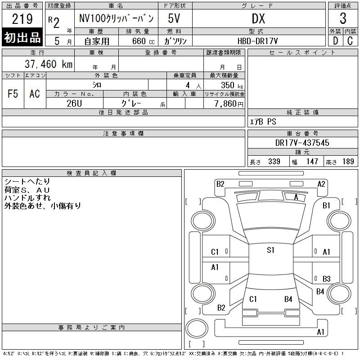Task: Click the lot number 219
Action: point(22,18)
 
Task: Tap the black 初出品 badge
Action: point(22,37)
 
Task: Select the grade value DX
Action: point(258,18)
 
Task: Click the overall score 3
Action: point(343,18)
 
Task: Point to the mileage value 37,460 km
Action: point(49,64)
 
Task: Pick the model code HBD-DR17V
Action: point(257,41)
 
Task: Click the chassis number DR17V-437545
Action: point(302,143)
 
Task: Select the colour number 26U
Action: point(74,103)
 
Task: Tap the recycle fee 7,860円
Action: point(229,104)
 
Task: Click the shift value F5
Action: point(13,94)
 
